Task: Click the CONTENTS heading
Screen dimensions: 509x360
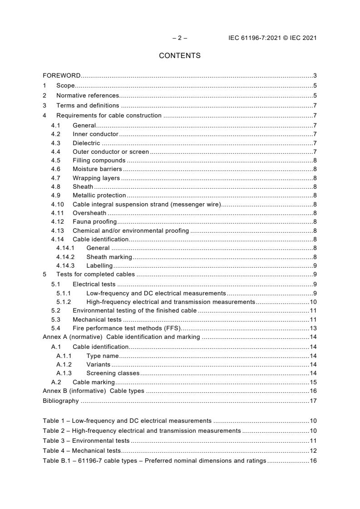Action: [x=180, y=56]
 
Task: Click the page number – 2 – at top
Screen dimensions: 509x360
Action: [x=180, y=38]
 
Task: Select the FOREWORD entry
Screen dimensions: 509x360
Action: [x=62, y=75]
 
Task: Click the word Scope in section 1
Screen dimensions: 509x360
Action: [x=65, y=86]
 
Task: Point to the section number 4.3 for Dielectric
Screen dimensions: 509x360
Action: [x=55, y=143]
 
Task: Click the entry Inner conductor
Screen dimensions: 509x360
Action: [x=95, y=134]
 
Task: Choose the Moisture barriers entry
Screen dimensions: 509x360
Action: [x=97, y=169]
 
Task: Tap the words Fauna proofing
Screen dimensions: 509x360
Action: [x=94, y=222]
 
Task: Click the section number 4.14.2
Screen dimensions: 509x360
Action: [x=65, y=257]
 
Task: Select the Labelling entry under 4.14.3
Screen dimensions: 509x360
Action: [x=99, y=266]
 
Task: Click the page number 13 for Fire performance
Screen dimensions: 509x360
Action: [x=313, y=328]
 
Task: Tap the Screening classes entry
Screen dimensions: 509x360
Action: [x=113, y=373]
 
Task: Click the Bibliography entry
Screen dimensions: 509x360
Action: [x=61, y=401]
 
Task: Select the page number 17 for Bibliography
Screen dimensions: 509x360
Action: [x=313, y=401]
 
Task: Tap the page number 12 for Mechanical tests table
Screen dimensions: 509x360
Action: [x=313, y=451]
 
